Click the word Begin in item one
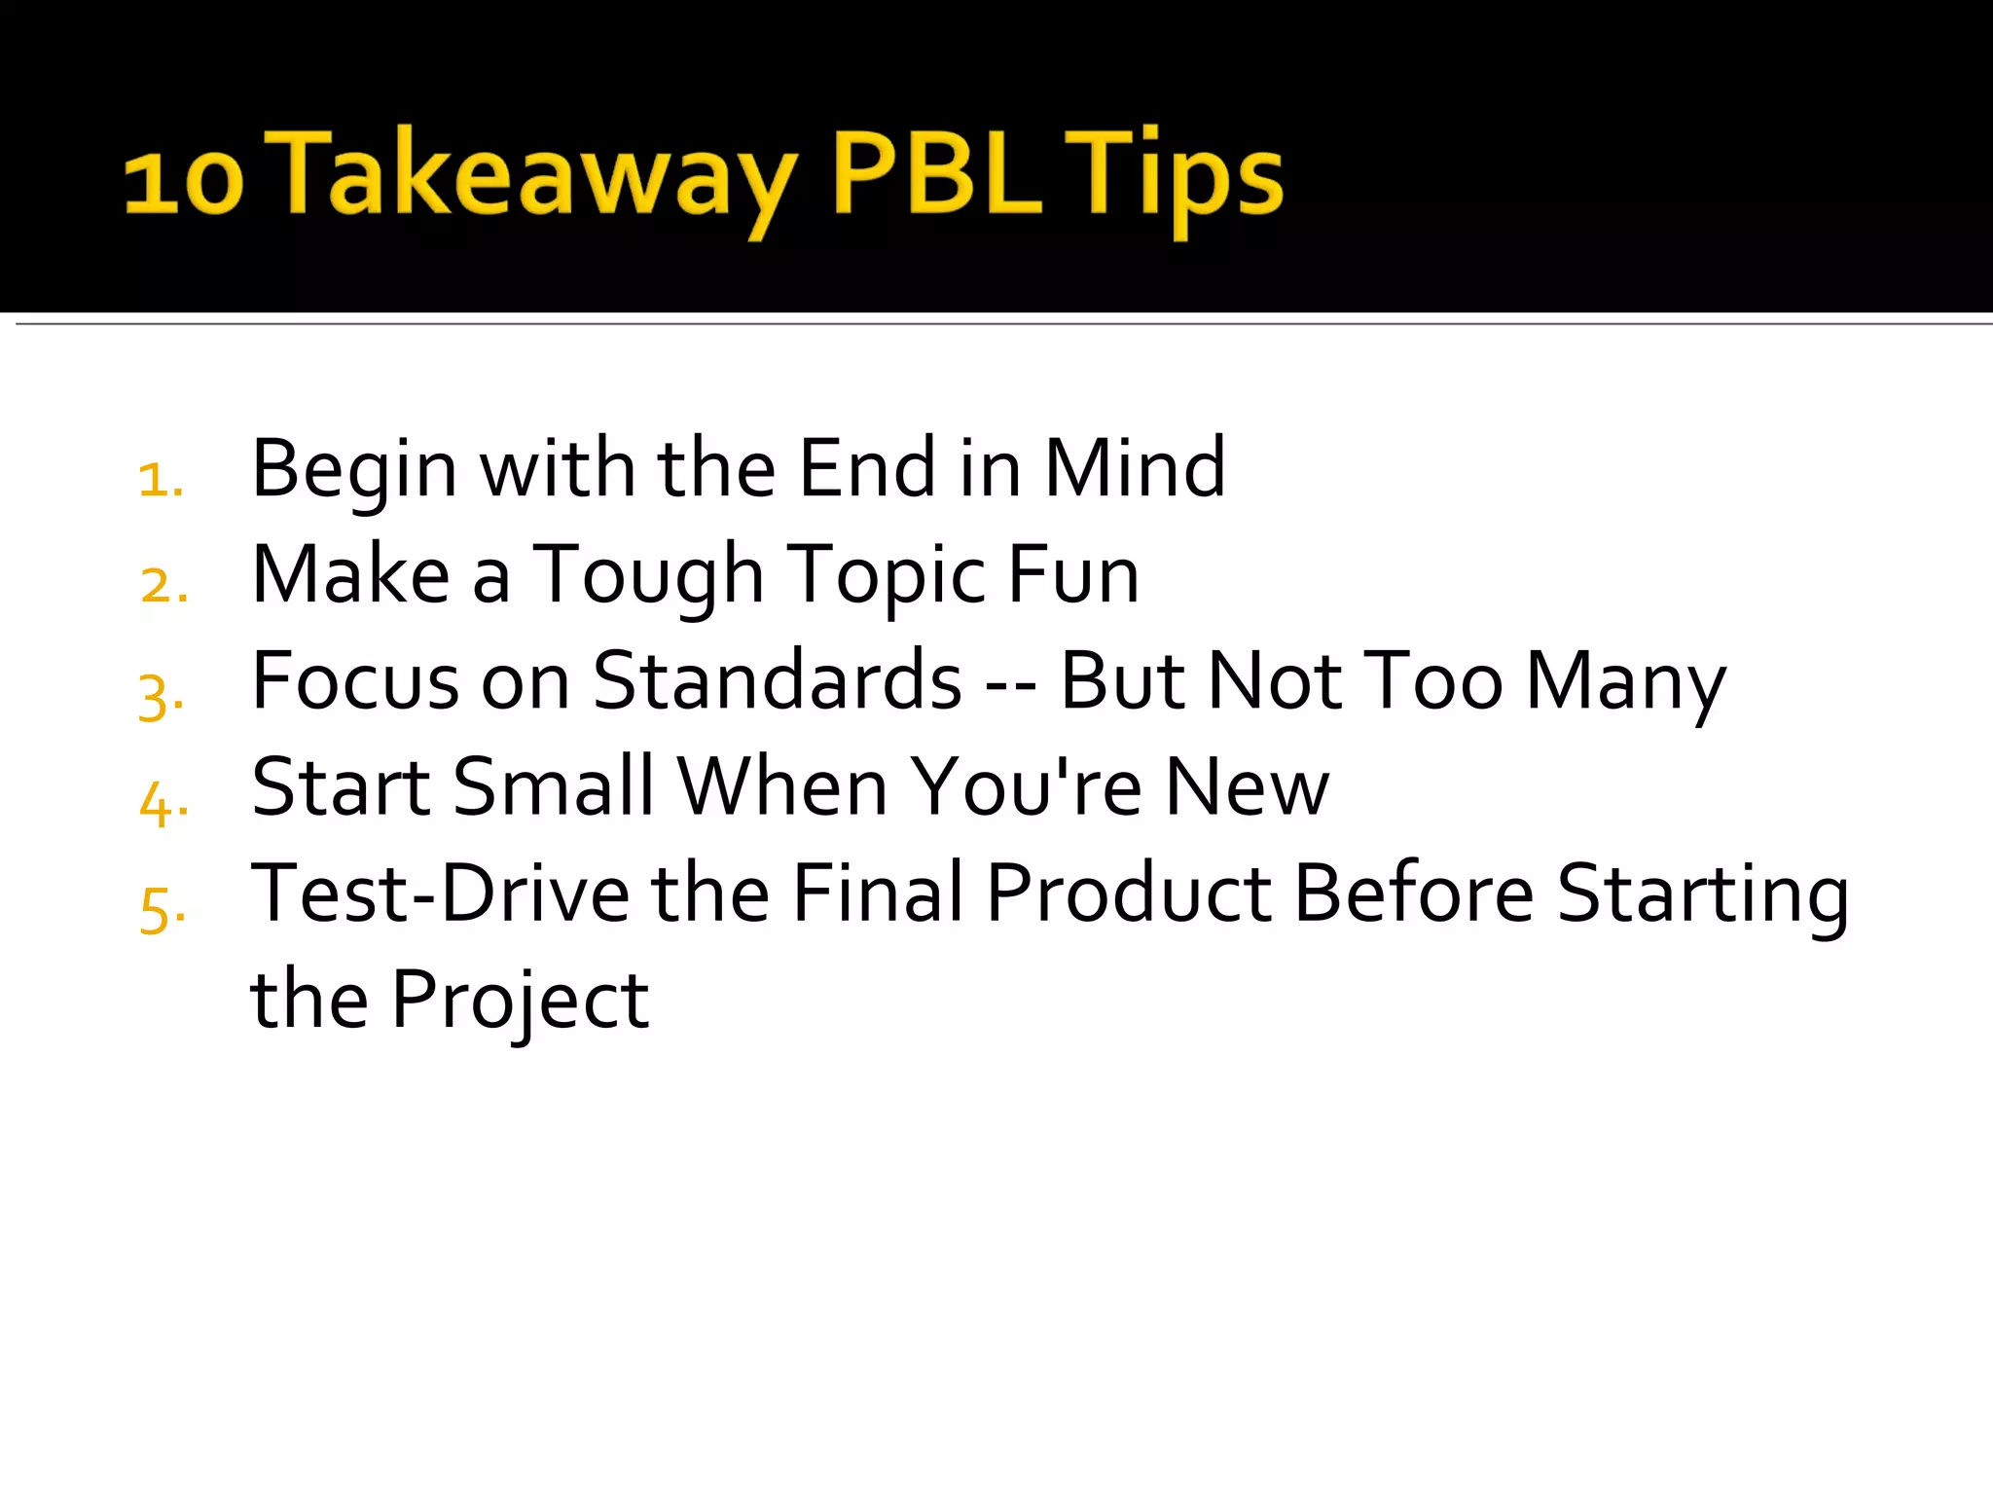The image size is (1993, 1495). click(x=354, y=470)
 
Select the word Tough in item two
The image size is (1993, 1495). click(x=648, y=576)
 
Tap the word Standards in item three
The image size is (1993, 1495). click(x=778, y=680)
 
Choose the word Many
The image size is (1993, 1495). click(x=1625, y=682)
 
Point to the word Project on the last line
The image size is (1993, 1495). click(x=520, y=1001)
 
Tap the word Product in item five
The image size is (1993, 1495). click(x=1129, y=893)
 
